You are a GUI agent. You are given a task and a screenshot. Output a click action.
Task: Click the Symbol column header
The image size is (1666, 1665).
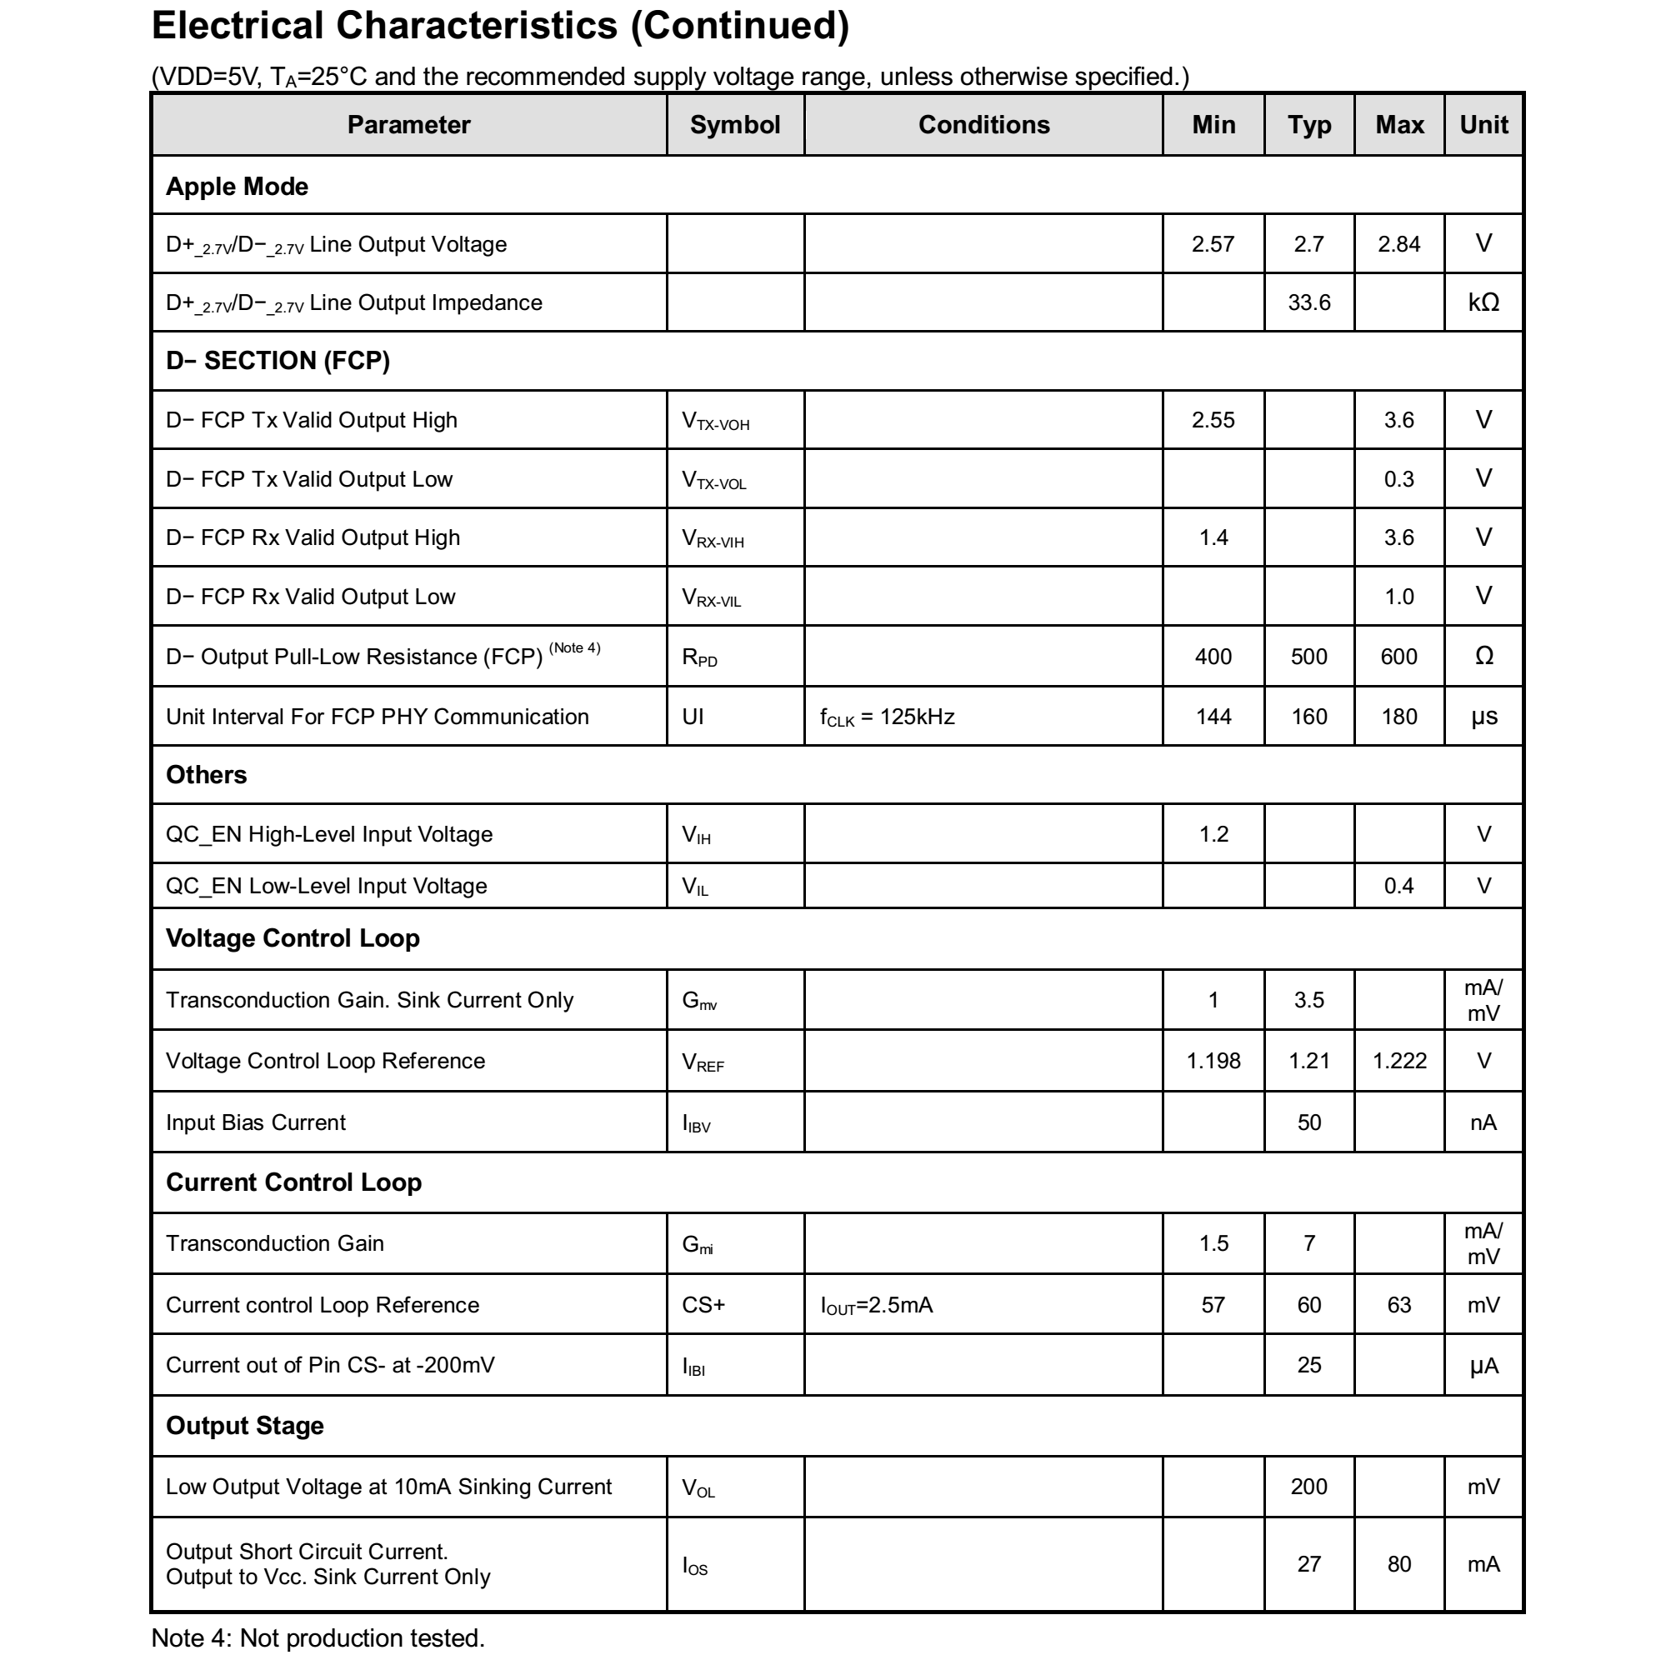735,125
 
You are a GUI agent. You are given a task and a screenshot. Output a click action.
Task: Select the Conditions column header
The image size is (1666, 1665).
983,125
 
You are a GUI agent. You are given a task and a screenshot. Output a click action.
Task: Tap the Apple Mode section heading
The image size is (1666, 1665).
238,186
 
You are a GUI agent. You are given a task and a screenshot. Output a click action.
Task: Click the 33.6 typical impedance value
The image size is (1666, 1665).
1308,302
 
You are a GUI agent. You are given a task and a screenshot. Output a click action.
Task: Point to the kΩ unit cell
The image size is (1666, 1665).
1483,302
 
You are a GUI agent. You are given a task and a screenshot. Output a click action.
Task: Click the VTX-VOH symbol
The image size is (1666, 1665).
715,421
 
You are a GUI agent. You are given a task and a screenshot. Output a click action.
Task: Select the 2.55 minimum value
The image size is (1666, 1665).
1213,420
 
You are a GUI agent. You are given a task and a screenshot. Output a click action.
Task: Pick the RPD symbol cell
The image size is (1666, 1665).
699,657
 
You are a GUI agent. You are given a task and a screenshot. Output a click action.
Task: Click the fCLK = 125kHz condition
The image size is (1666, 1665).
887,717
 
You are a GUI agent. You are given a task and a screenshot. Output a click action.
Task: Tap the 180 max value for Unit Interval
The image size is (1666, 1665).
1398,717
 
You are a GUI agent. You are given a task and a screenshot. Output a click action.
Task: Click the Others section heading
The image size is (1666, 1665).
206,774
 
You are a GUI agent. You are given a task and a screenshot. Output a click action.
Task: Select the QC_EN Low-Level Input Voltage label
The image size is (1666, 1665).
326,886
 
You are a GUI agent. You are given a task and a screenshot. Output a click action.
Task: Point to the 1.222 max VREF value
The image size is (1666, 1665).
1398,1061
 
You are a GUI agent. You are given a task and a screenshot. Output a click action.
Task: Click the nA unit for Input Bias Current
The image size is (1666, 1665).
1483,1122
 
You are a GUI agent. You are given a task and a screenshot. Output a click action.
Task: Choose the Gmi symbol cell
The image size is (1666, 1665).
698,1243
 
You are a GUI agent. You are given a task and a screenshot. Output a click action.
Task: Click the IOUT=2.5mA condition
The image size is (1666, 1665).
876,1304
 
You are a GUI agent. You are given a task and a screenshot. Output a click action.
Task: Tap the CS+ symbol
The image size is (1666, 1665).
703,1304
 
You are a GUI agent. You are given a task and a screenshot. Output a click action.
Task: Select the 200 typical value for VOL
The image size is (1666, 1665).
1308,1486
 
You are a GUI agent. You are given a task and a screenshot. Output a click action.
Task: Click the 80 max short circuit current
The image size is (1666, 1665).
1398,1563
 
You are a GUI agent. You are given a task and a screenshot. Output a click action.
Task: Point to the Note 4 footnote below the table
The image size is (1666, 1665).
318,1637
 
